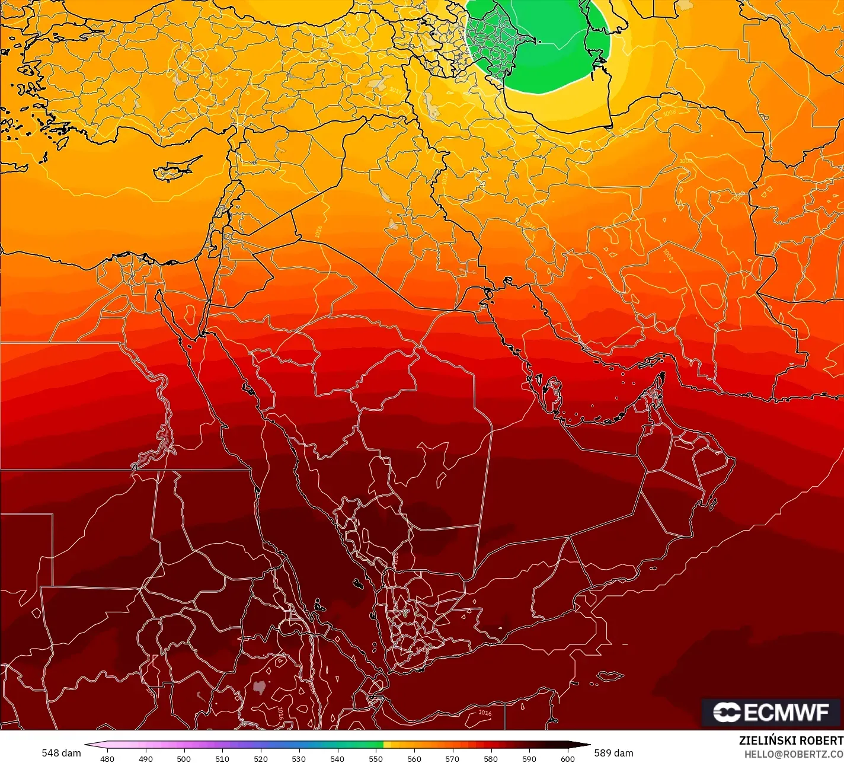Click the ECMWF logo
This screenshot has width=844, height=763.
771,712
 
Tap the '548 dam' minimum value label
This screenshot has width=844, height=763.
61,753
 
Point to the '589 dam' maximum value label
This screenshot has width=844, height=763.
613,753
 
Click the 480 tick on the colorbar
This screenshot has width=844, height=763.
107,758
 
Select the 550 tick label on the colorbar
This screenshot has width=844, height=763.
376,758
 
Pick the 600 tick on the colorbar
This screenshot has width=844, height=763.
568,758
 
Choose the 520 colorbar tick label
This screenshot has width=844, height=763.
261,758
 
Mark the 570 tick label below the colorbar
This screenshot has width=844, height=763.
452,758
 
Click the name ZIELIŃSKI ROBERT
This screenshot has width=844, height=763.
791,740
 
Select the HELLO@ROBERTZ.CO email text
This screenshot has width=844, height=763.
794,754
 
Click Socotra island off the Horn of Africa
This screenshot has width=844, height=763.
611,676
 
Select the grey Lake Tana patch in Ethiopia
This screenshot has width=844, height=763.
258,687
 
